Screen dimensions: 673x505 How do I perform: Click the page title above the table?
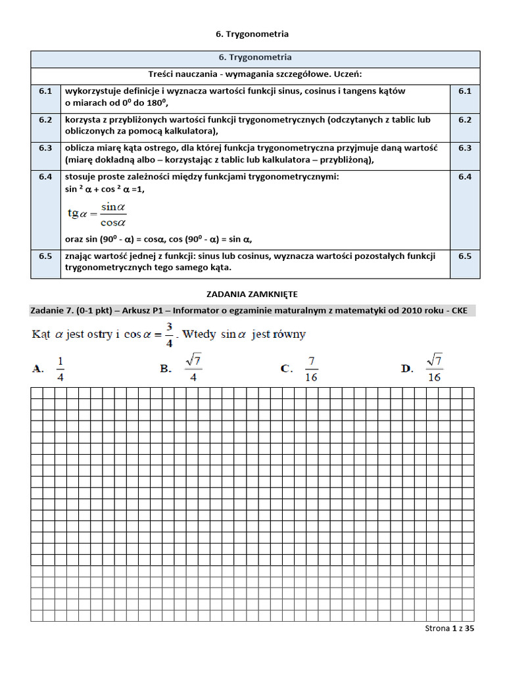(252, 34)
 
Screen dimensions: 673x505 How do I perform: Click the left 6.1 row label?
(45, 91)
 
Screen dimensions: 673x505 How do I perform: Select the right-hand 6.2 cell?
(465, 120)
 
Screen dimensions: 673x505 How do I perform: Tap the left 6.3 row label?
(45, 148)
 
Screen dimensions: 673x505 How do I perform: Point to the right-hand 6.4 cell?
(465, 177)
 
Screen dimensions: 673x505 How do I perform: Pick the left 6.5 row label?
(45, 256)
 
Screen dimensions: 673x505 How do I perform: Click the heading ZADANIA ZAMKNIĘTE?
(252, 294)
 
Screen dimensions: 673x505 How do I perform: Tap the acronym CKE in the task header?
(459, 310)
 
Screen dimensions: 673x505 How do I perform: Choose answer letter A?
(37, 369)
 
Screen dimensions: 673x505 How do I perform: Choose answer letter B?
(165, 369)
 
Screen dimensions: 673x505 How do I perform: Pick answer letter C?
(286, 369)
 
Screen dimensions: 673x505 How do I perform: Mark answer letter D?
(407, 369)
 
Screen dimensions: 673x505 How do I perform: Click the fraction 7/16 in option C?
(311, 369)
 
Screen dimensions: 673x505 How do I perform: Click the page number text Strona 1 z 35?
(450, 628)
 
